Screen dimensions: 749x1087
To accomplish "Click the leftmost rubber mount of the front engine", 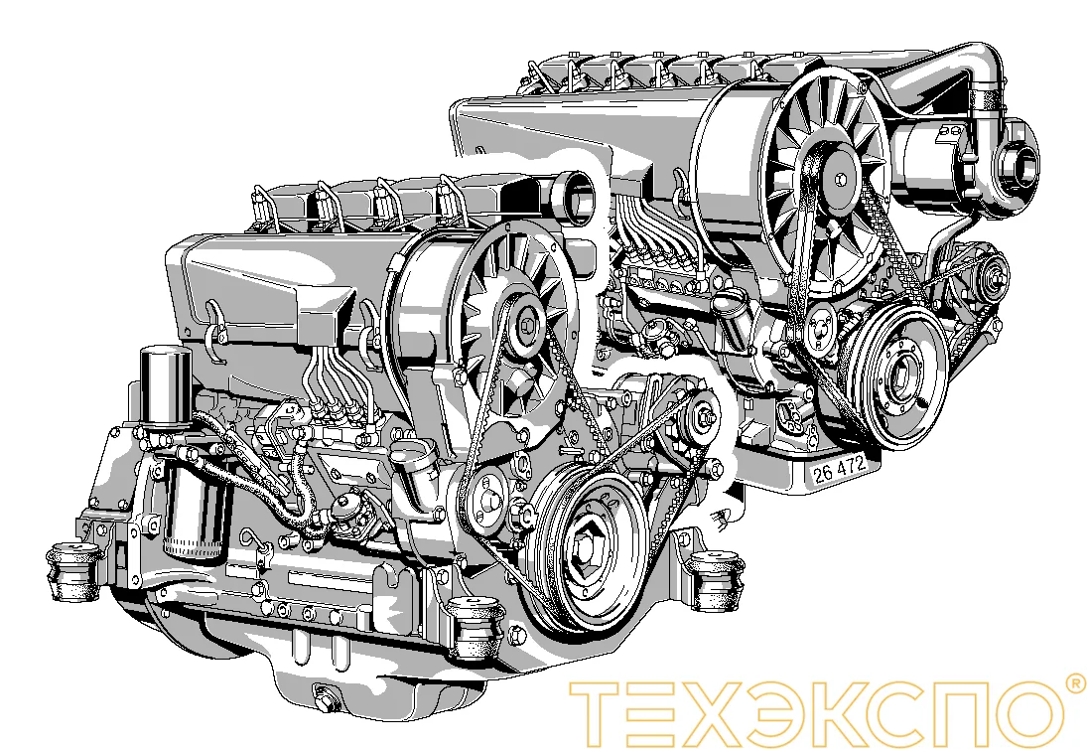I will click(x=73, y=570).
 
